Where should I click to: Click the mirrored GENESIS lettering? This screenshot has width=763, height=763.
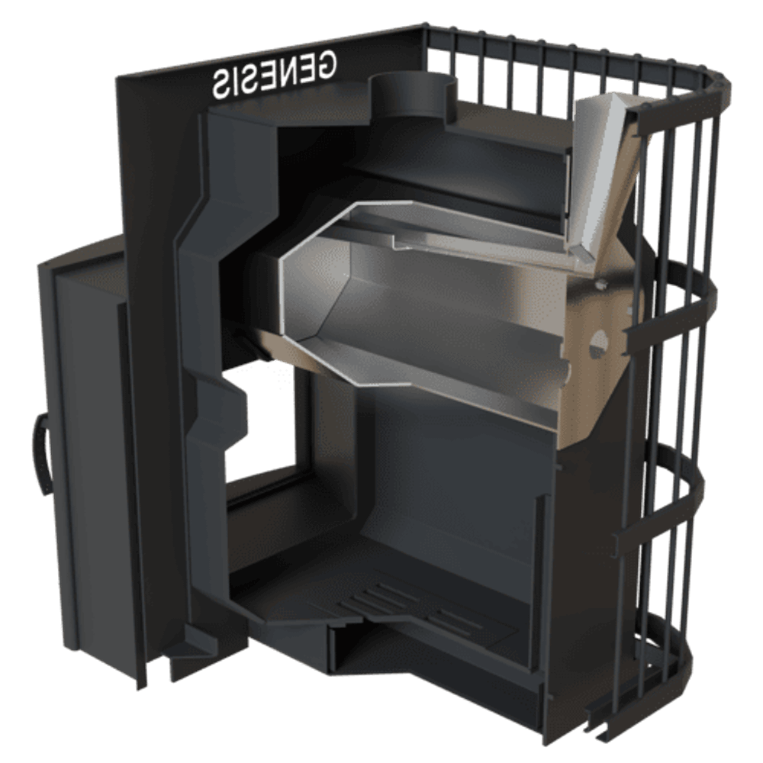pyautogui.click(x=273, y=73)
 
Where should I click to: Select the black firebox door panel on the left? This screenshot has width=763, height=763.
pyautogui.click(x=82, y=448)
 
